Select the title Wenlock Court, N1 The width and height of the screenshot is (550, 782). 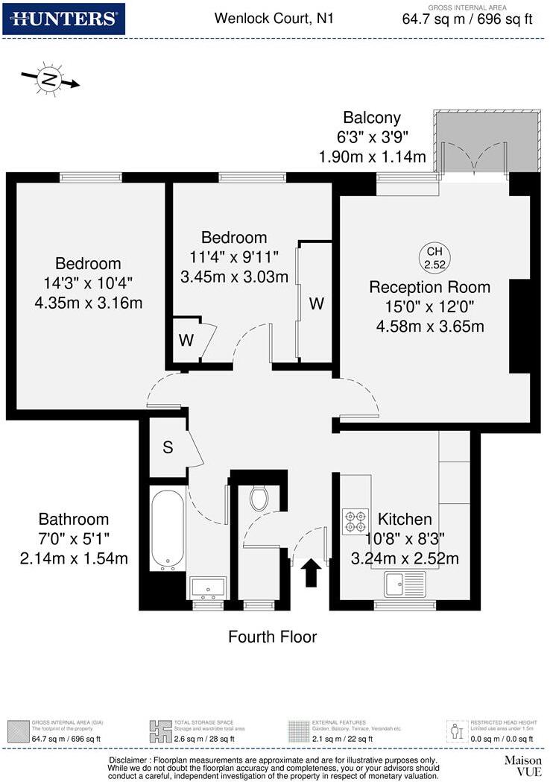click(274, 17)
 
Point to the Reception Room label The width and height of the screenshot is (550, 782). click(430, 287)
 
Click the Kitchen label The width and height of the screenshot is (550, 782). click(405, 520)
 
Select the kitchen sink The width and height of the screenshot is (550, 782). click(405, 582)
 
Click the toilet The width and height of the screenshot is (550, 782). click(259, 498)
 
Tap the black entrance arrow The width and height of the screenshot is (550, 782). click(312, 575)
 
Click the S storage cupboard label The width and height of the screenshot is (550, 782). click(168, 448)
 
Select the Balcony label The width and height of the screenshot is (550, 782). click(372, 117)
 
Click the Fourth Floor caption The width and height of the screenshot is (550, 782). click(272, 637)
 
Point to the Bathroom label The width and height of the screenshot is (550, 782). click(74, 519)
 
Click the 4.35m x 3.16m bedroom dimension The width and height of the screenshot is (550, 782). click(88, 303)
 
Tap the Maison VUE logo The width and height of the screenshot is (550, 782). click(522, 766)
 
